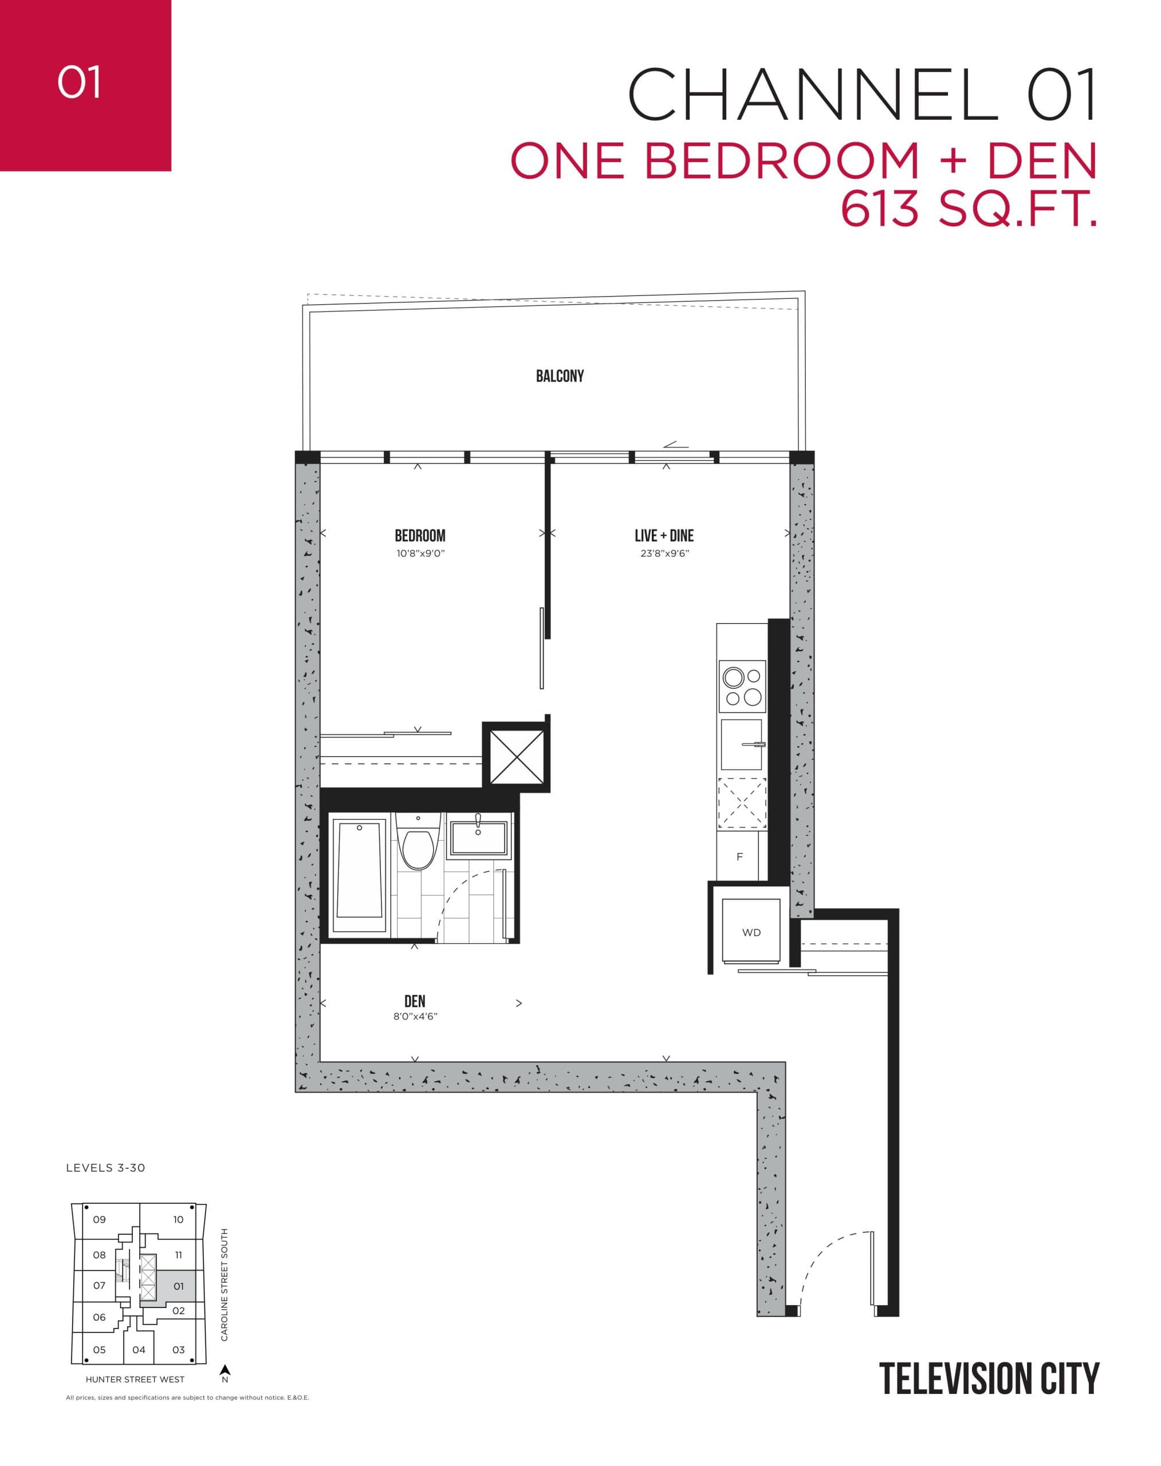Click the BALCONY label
(560, 376)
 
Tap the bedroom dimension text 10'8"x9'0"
(420, 553)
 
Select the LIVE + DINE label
(663, 535)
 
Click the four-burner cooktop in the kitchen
(742, 687)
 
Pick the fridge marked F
(739, 857)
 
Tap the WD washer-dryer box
(751, 932)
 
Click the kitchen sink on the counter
(741, 744)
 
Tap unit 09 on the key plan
(100, 1219)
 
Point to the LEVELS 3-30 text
(105, 1168)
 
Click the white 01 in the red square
(80, 82)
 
